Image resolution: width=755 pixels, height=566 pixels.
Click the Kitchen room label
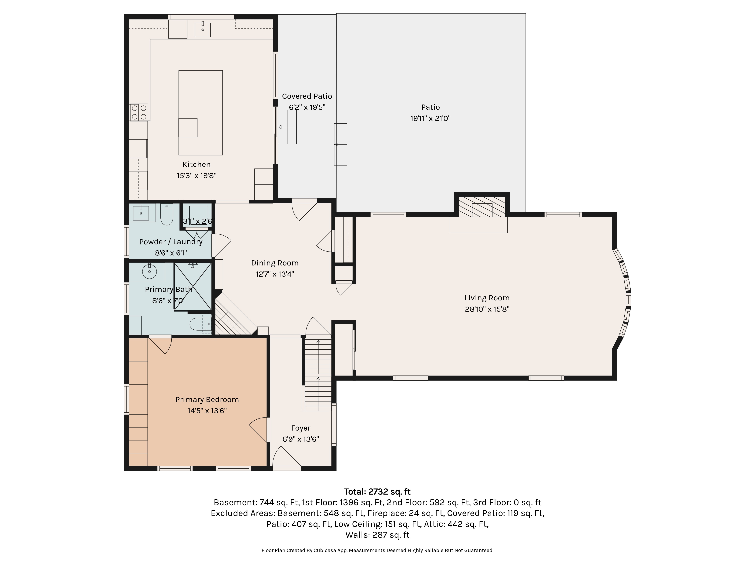coord(197,165)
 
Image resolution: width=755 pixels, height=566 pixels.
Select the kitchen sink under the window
coord(203,29)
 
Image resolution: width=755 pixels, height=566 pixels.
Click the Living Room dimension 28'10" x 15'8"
coord(487,309)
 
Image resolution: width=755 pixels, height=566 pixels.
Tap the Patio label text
coord(430,107)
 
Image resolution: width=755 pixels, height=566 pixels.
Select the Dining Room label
coord(275,263)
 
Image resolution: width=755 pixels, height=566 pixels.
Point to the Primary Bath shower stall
coord(193,287)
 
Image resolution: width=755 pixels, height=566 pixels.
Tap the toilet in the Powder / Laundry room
coord(167,214)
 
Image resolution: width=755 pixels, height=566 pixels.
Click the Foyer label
coord(301,428)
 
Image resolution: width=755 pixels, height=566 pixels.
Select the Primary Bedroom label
coord(207,400)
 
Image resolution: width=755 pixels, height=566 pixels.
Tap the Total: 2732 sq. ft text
coord(377,492)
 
